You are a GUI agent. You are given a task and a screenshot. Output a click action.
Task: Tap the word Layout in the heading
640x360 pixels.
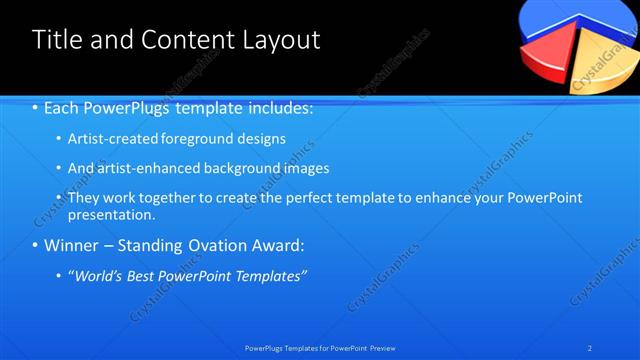(280, 40)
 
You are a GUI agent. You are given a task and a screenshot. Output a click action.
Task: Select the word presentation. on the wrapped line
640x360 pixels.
(112, 214)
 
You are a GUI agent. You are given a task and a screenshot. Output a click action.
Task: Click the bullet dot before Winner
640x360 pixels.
(36, 245)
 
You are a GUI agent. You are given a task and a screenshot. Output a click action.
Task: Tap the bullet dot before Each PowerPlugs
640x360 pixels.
(36, 108)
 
